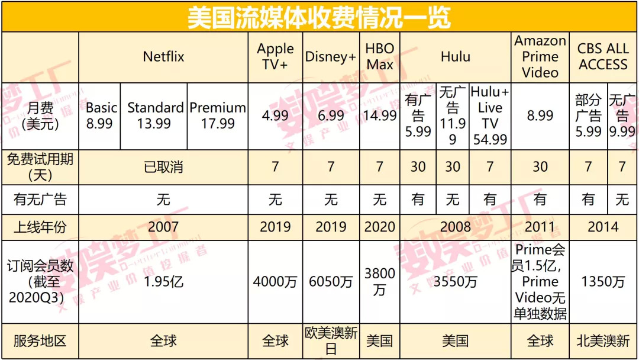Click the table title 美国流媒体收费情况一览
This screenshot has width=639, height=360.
click(319, 17)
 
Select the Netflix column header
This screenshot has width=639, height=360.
click(163, 57)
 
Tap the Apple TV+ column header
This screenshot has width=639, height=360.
click(275, 57)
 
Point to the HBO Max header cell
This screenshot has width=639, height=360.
click(380, 57)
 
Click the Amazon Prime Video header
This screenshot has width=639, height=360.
click(540, 57)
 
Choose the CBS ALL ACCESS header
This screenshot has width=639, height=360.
click(603, 57)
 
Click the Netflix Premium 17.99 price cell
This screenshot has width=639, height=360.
click(218, 115)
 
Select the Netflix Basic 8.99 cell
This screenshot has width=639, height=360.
click(101, 115)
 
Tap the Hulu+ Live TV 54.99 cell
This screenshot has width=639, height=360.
click(490, 115)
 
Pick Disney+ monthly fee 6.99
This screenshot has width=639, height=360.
click(331, 115)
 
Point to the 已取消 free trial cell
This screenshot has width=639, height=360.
click(163, 167)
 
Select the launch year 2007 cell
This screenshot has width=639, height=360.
click(163, 227)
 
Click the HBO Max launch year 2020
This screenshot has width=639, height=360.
click(380, 227)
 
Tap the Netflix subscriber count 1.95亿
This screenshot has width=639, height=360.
click(163, 282)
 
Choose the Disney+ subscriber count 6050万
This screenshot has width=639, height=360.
click(331, 282)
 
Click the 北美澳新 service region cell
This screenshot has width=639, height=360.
click(603, 341)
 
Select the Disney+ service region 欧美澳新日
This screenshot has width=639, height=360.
click(331, 341)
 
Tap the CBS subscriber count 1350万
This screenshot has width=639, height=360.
click(603, 282)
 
